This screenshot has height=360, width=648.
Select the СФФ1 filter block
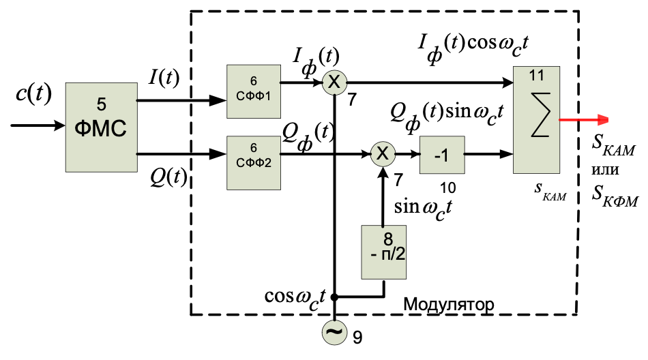click(x=254, y=89)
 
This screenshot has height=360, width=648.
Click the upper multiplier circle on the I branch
click(x=334, y=82)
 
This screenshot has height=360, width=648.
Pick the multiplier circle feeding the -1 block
click(x=383, y=155)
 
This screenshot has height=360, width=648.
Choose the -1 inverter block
click(x=441, y=155)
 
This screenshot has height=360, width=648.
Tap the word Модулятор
click(x=448, y=303)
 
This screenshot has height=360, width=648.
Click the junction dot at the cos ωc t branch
click(x=334, y=297)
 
